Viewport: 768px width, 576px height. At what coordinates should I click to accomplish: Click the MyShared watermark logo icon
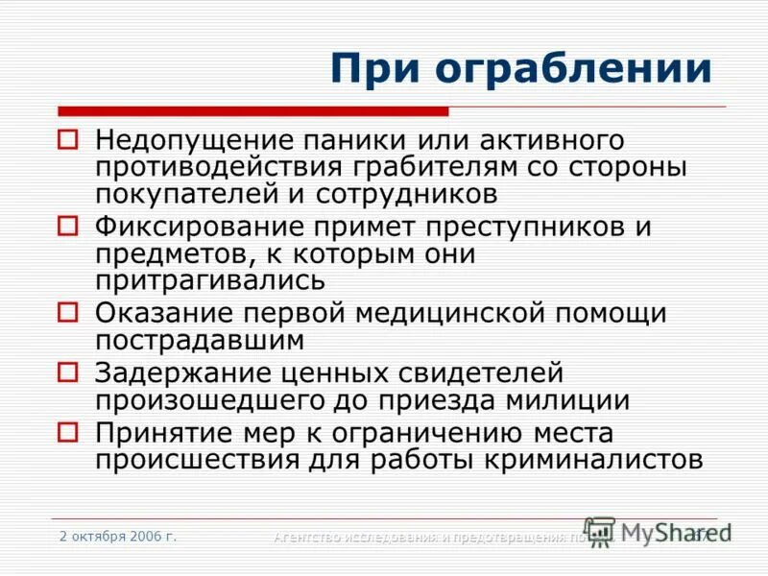600,531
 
